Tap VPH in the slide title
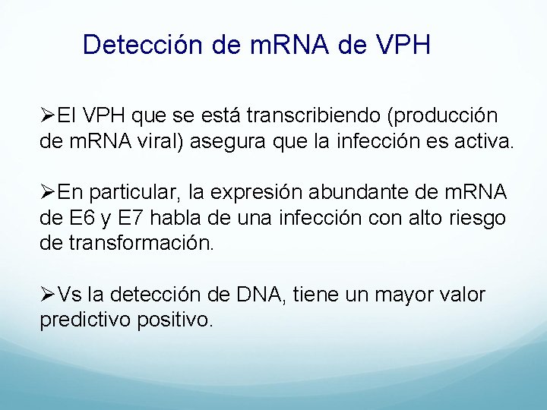(403, 45)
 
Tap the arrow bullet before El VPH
(47, 116)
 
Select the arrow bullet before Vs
(47, 295)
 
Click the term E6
(81, 219)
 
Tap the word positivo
(176, 320)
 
